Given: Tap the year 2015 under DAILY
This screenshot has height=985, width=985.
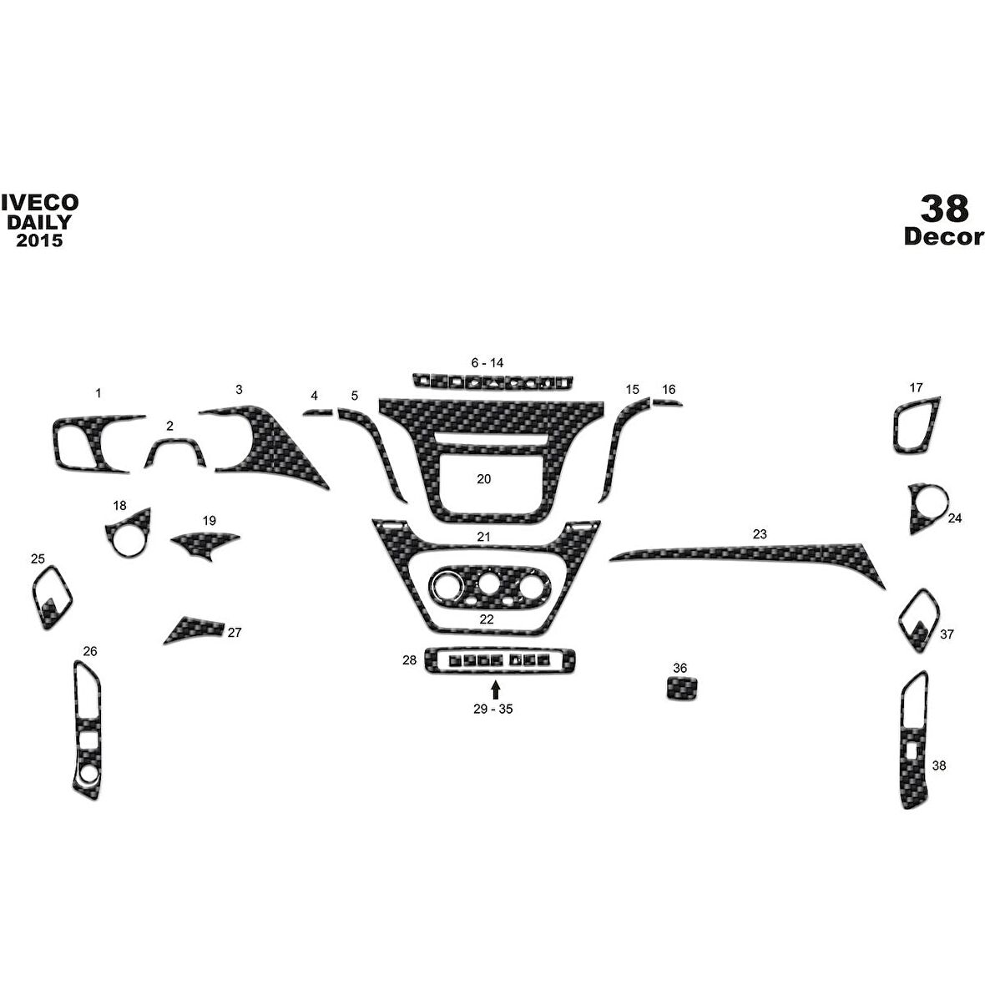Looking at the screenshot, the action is (x=39, y=240).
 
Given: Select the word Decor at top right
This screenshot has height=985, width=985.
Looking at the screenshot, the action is (x=943, y=236).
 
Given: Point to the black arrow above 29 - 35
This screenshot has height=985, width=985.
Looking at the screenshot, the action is (x=496, y=690).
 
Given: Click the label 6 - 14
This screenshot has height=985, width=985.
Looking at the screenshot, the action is (x=487, y=362).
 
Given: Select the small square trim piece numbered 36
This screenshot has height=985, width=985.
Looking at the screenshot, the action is (x=682, y=689).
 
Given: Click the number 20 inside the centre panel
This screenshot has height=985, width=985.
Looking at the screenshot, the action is (x=483, y=478).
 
